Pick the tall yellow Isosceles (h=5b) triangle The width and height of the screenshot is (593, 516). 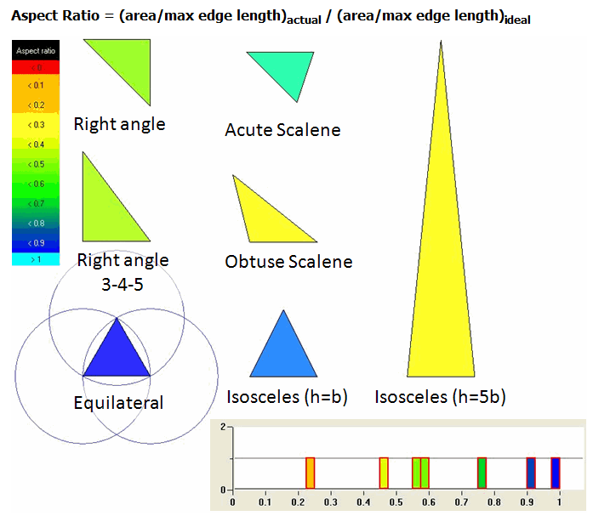point(441,264)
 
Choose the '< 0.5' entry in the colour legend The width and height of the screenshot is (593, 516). point(36,164)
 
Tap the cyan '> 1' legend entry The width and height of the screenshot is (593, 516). point(36,259)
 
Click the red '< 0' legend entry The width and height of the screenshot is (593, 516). point(36,68)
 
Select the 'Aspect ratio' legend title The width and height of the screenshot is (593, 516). point(36,51)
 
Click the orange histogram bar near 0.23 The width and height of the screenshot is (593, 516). point(311,473)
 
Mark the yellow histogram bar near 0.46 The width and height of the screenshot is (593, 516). point(384,473)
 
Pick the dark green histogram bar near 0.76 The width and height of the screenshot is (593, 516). point(482,473)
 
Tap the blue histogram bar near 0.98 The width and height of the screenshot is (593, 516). point(556,473)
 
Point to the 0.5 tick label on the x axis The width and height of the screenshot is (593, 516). point(396,502)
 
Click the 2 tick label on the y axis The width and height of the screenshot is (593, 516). point(223,427)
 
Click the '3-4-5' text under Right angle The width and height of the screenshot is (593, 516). point(123,285)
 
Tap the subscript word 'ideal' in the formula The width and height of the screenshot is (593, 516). point(517,20)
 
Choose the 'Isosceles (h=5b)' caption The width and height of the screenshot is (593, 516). point(440,397)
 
